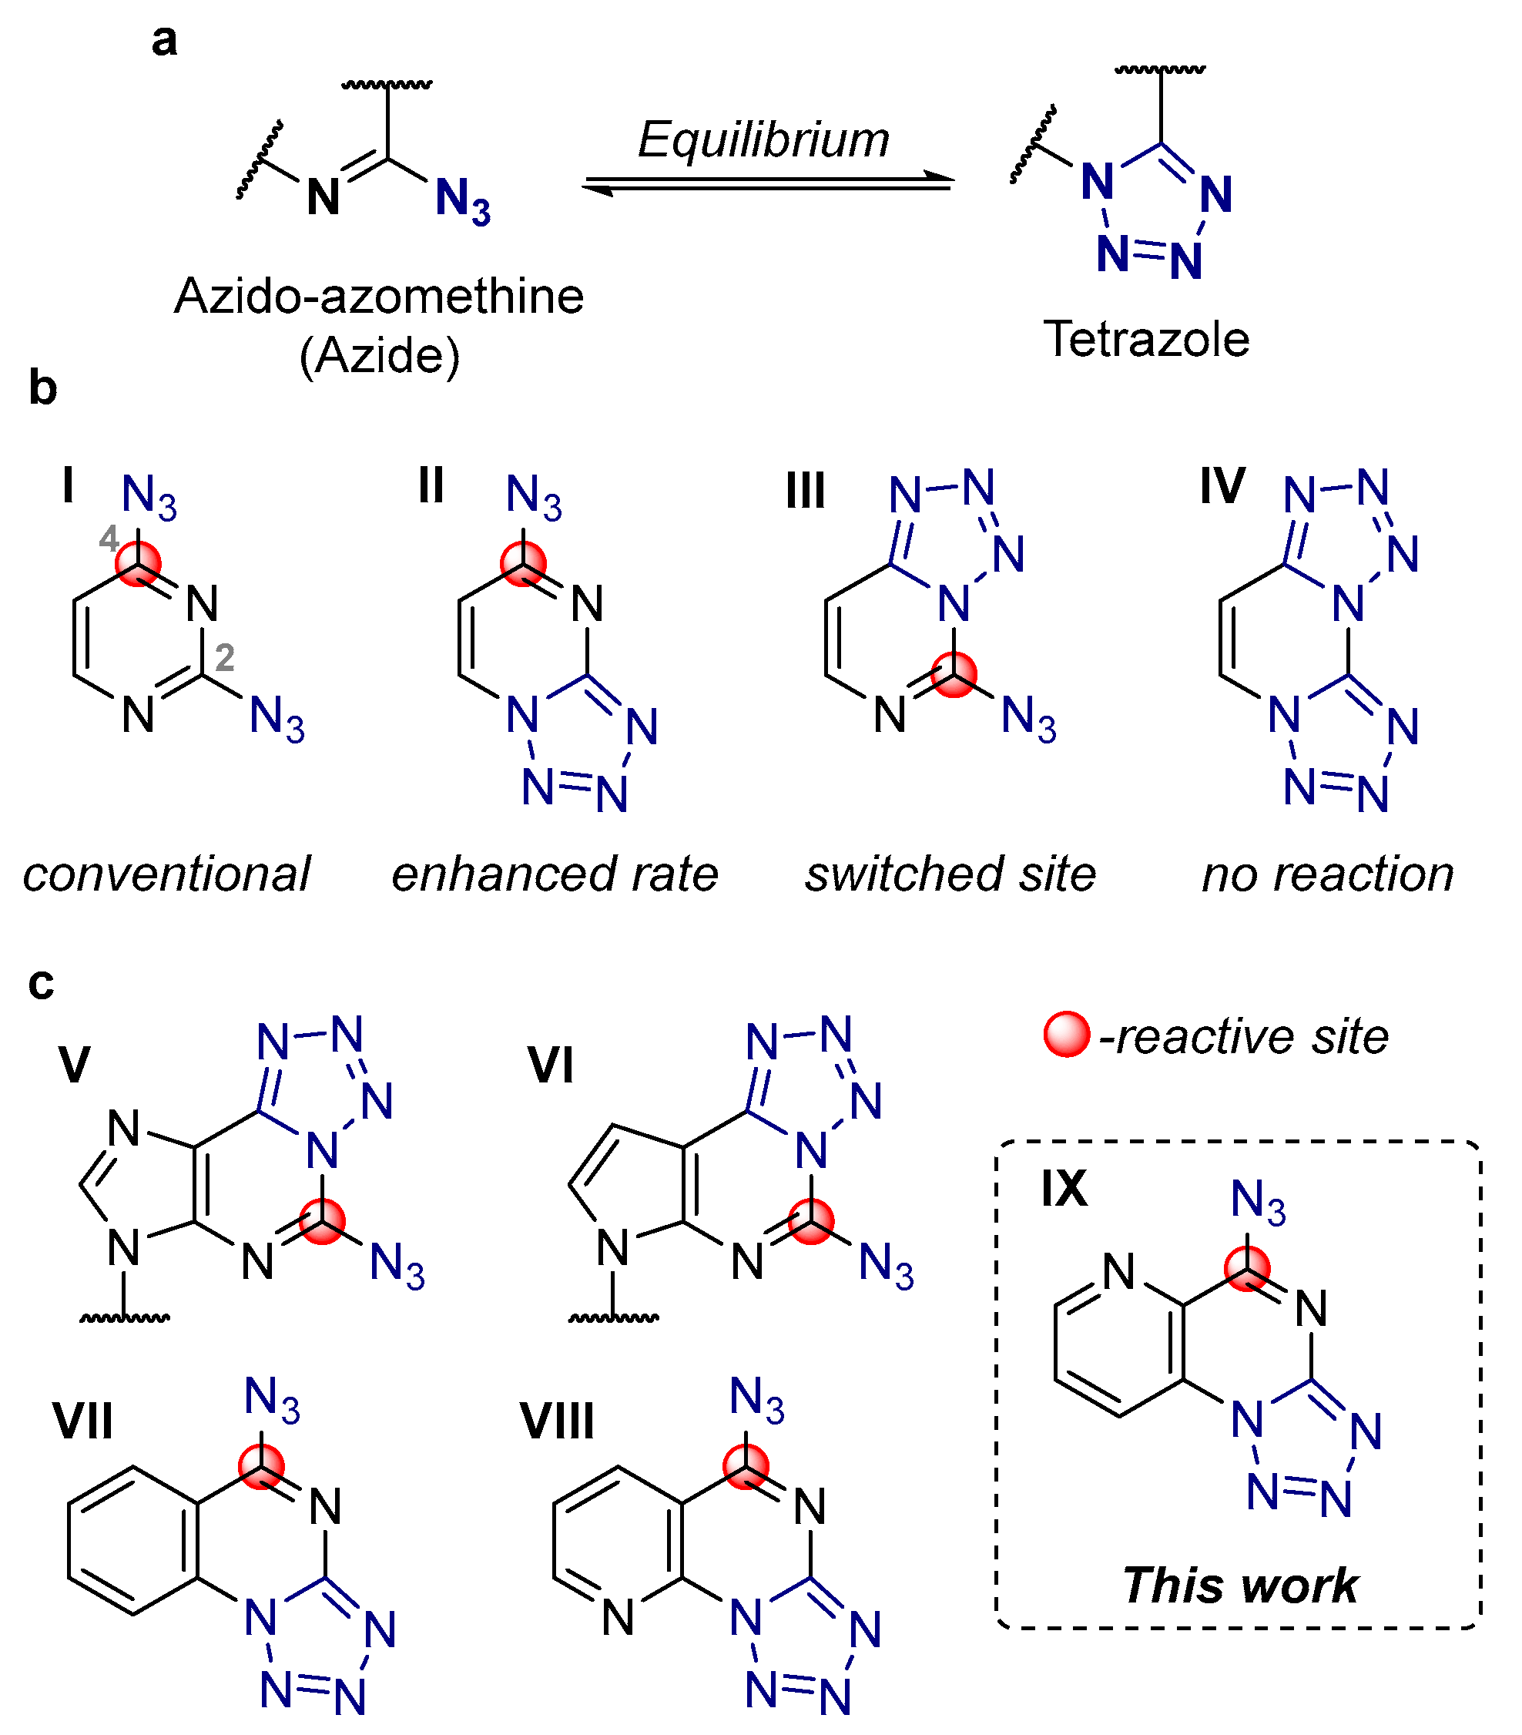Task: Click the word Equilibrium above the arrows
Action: pos(763,139)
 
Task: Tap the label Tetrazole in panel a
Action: pos(1145,340)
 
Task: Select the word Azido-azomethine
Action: pos(379,297)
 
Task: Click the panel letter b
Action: pos(42,388)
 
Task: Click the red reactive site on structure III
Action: pos(954,675)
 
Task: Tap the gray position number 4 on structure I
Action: pos(109,539)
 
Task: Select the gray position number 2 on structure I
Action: pos(224,658)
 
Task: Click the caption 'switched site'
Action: pos(950,874)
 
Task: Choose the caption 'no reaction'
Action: pos(1327,874)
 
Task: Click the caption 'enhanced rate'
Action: pos(555,874)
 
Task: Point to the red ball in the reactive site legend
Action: pos(1066,1035)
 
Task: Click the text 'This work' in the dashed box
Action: pos(1239,1585)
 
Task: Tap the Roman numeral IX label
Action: pos(1064,1188)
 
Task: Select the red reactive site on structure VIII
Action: pos(746,1466)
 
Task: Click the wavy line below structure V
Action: pos(125,1318)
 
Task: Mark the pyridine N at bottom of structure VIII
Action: pos(617,1618)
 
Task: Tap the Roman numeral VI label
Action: pos(550,1065)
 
